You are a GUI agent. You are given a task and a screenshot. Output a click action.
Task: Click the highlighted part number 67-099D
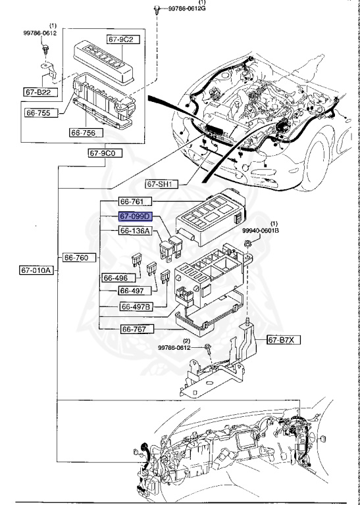pyautogui.click(x=135, y=216)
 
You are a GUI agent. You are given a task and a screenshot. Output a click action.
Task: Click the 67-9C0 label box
pyautogui.click(x=102, y=153)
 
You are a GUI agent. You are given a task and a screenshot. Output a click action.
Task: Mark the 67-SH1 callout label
pyautogui.click(x=158, y=185)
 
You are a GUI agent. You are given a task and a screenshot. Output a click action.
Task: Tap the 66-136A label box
pyautogui.click(x=135, y=231)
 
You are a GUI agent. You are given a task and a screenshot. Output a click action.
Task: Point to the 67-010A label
pyautogui.click(x=34, y=269)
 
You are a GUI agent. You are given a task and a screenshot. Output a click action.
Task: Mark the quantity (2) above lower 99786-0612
pyautogui.click(x=186, y=341)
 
